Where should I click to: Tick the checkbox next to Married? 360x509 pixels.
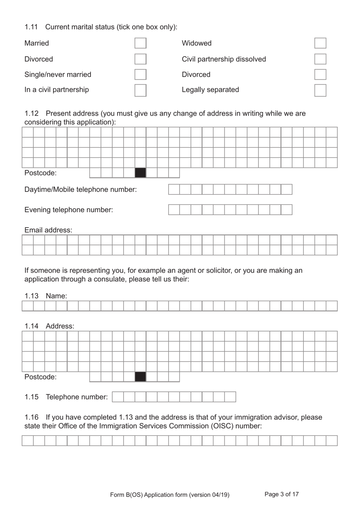coord(140,43)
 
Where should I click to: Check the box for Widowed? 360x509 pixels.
coord(320,43)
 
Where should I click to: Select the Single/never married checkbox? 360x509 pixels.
coord(140,74)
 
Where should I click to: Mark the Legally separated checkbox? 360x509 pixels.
coord(320,90)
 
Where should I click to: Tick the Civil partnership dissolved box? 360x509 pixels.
coord(320,59)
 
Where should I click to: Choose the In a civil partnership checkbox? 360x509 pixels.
coord(140,90)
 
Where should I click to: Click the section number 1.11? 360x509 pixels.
coord(31,27)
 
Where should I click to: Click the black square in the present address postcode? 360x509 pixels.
coord(140,173)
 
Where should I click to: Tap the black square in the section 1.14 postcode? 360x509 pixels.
coord(140,377)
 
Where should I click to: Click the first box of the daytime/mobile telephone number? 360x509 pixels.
coord(174,190)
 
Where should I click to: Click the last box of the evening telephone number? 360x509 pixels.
coord(286,210)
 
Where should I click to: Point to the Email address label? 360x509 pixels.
coord(48,230)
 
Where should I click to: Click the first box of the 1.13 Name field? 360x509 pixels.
coord(28,306)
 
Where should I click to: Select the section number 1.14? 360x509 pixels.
coord(31,326)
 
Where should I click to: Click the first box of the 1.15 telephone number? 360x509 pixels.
coord(118,397)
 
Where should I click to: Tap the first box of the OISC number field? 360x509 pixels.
coord(28,441)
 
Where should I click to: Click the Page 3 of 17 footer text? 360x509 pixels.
coord(282,494)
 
